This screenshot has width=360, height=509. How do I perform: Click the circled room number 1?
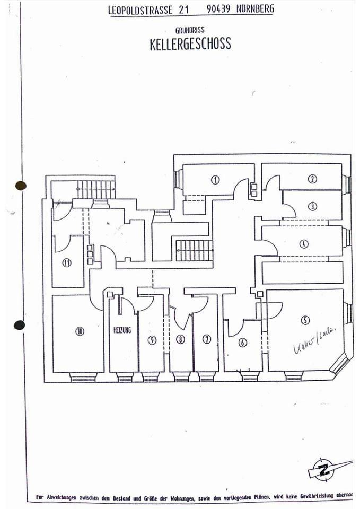coord(215,179)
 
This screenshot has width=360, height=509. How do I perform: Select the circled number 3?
coord(313,206)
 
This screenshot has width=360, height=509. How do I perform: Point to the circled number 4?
coord(303,244)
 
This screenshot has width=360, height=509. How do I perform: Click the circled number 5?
coord(305,320)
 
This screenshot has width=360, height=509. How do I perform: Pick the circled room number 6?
coord(243,343)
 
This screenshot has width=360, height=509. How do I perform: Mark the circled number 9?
coord(152,340)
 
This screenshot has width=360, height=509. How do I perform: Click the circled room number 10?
coord(80,331)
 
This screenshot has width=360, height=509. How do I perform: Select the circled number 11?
coord(67,262)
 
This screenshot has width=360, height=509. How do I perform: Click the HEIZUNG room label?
coord(122,330)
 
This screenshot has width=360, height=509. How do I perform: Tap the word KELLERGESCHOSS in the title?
coord(190,44)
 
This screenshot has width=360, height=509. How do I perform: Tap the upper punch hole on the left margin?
coord(21,186)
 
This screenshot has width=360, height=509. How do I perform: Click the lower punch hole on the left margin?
coord(19,325)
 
